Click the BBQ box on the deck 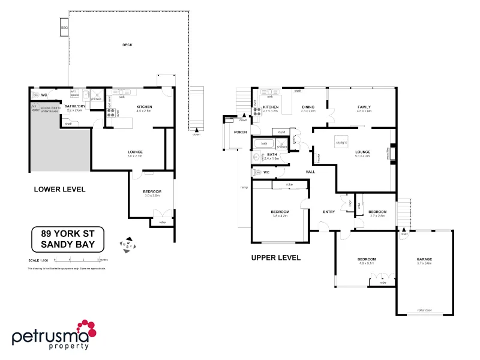tap(64, 28)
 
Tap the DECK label tap(127, 45)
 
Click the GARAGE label tap(424, 259)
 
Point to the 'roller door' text tap(425, 310)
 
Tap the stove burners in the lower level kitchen tap(111, 110)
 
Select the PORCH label tap(240, 132)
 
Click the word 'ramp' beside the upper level tap(243, 188)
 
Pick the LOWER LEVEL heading tap(59, 189)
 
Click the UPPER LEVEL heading tap(275, 258)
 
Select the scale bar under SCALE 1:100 tap(77, 260)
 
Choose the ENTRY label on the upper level tap(329, 212)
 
